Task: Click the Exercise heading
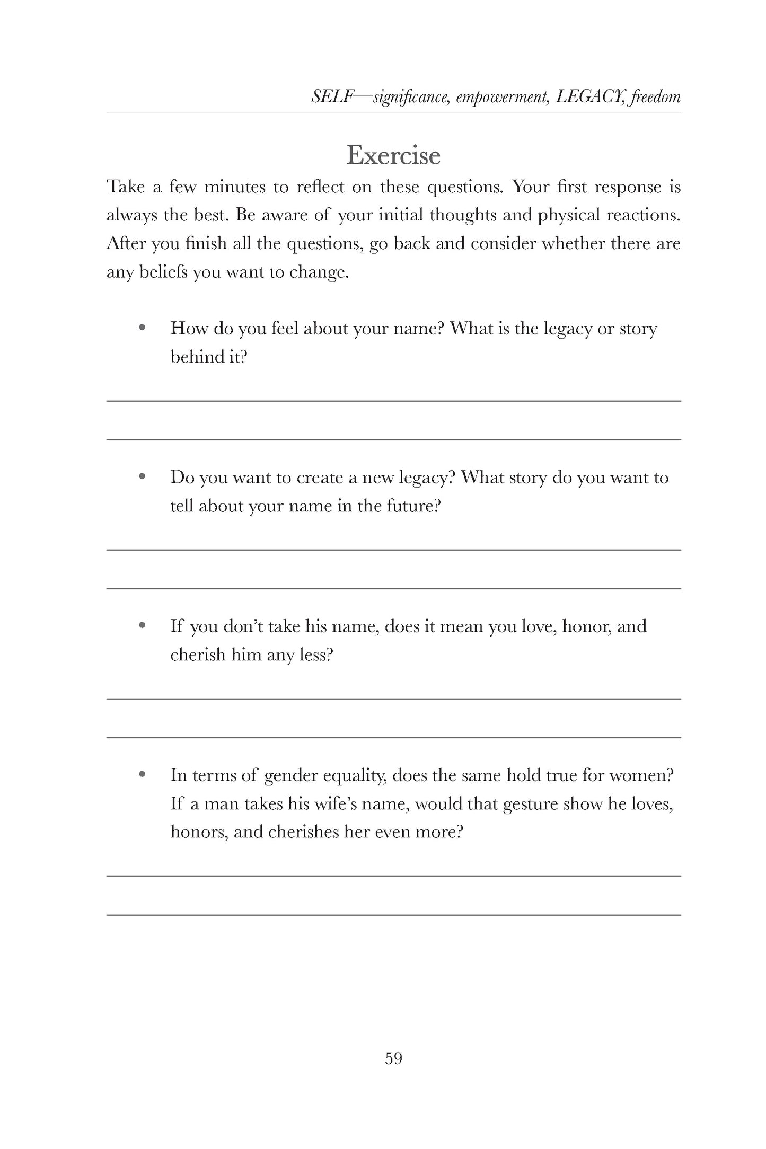pyautogui.click(x=393, y=155)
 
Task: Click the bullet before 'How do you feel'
pyautogui.click(x=142, y=328)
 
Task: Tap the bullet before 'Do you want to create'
pyautogui.click(x=142, y=477)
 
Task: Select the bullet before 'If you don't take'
pyautogui.click(x=142, y=626)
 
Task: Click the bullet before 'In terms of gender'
pyautogui.click(x=142, y=775)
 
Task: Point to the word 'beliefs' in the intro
pyautogui.click(x=162, y=272)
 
